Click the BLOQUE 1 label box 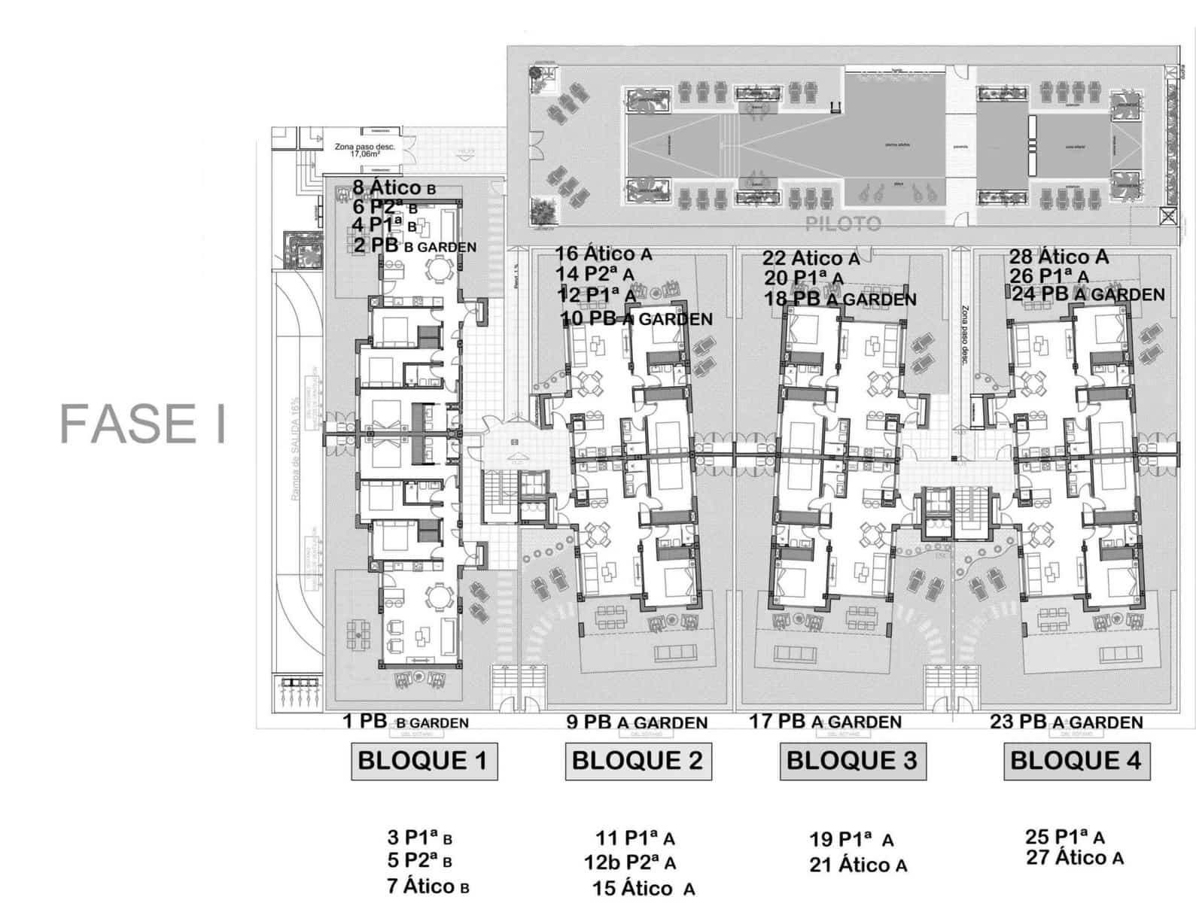click(424, 761)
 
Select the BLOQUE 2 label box click(638, 761)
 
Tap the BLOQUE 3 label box click(852, 761)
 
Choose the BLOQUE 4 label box click(1076, 761)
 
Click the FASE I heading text click(143, 424)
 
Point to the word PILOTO click(843, 223)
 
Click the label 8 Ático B click(394, 188)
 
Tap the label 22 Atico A click(811, 258)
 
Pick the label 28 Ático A click(1058, 257)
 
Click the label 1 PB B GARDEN click(405, 722)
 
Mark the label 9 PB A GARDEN click(636, 722)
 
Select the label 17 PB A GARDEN click(825, 722)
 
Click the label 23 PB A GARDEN click(1066, 722)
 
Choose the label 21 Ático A click(858, 865)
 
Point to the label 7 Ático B click(428, 886)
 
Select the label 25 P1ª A click(1064, 837)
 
